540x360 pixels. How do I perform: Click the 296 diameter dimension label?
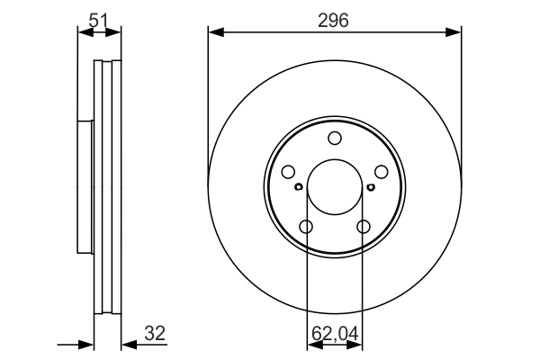pos(335,19)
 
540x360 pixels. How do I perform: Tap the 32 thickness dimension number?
pos(155,334)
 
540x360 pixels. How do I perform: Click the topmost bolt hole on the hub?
pos(335,138)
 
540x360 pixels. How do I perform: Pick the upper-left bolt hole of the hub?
pos(288,172)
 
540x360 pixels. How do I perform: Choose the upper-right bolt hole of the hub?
pos(382,172)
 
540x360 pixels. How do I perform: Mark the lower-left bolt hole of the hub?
pos(306,227)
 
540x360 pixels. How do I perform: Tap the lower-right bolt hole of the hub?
pos(364,227)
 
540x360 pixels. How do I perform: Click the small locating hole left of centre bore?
pos(299,187)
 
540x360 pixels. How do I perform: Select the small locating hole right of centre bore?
pos(371,187)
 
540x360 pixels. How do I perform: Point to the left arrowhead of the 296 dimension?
pos(214,32)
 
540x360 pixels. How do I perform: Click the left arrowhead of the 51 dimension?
pos(84,32)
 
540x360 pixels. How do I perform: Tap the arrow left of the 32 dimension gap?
pos(88,343)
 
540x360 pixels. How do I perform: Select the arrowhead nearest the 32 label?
pos(127,343)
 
